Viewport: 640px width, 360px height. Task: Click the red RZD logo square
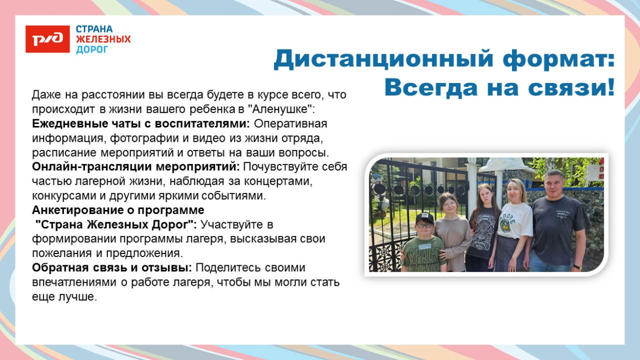tap(48, 39)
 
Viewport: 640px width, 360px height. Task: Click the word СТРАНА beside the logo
tap(94, 29)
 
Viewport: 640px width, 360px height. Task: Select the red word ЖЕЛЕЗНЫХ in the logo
tap(103, 39)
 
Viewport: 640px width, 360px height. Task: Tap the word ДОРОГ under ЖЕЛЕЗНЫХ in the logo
tap(92, 50)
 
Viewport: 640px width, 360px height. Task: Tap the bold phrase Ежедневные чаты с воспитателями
tap(141, 124)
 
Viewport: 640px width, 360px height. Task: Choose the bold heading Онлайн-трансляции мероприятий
tap(136, 167)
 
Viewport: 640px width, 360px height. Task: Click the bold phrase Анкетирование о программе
tap(118, 210)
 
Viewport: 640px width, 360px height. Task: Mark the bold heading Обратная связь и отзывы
tap(112, 268)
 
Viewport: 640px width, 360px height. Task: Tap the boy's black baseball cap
tap(425, 218)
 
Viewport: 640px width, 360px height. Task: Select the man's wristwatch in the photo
tap(578, 267)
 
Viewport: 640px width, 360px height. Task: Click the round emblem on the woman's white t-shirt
tap(506, 225)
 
